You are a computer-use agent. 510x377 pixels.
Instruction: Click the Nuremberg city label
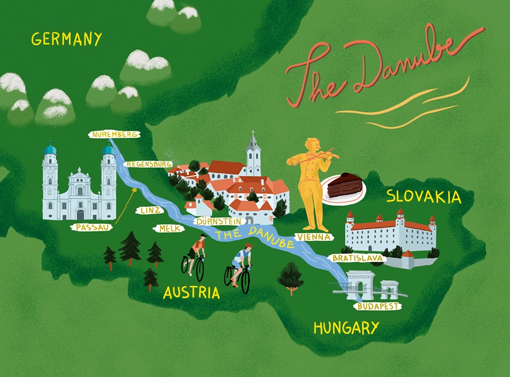[114, 135]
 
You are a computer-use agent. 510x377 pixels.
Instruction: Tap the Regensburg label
[148, 164]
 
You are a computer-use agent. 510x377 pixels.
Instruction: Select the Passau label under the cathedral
[90, 227]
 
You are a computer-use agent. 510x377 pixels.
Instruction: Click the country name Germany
[66, 39]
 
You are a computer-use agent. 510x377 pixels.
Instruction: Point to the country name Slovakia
[423, 197]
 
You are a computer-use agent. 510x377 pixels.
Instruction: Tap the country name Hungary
[345, 328]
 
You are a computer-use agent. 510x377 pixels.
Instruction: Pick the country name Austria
[191, 293]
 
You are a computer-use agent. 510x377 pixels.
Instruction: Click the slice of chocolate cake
[343, 186]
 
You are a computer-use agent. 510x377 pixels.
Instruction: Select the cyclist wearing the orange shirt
[196, 255]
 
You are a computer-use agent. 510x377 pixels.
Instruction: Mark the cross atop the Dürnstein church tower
[253, 135]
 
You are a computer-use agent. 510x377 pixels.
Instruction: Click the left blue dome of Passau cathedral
[50, 149]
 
